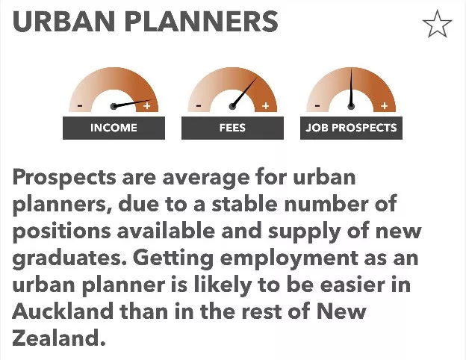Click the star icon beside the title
437,24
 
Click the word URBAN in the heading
63,21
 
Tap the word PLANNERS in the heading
201,21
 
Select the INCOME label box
114,128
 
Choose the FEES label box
232,128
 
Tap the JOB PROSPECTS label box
351,128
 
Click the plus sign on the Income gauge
147,105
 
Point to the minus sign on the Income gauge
80,105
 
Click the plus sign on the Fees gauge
266,105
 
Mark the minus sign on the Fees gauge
199,105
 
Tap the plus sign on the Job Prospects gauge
385,105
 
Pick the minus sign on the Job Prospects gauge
317,105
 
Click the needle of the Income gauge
132,104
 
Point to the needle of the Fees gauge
244,92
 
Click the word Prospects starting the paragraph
64,179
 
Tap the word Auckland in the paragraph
63,311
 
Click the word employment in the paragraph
289,258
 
